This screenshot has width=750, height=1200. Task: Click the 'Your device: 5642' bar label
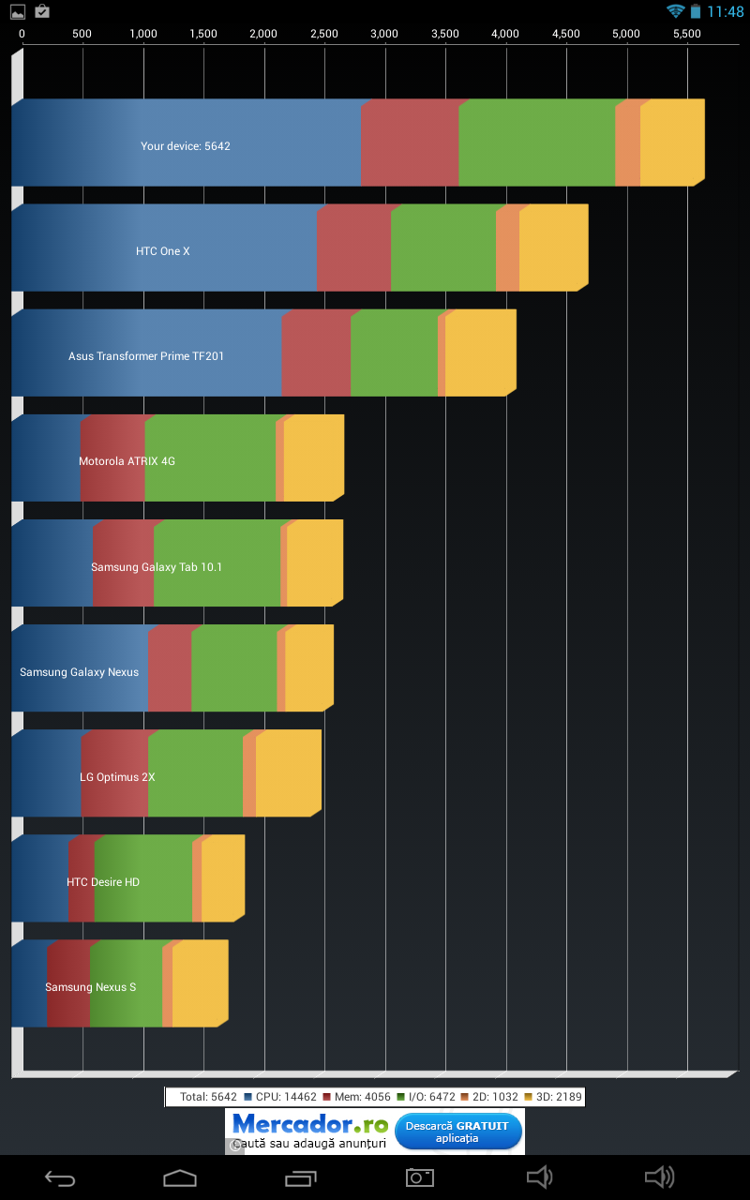tap(186, 146)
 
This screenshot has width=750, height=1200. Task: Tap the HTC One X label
tap(163, 251)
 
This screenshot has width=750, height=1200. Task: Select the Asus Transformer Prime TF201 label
tap(146, 356)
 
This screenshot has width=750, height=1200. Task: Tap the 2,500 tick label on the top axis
tap(324, 34)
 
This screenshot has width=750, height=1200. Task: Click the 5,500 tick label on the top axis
tap(687, 34)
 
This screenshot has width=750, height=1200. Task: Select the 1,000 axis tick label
tap(143, 34)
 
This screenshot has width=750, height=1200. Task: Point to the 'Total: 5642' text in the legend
tap(208, 1096)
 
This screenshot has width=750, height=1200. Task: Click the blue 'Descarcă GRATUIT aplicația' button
tap(457, 1132)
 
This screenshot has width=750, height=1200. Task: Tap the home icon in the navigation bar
tap(180, 1177)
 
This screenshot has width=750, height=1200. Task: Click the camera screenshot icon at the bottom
tap(419, 1177)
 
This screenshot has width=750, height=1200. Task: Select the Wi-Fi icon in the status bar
tap(675, 11)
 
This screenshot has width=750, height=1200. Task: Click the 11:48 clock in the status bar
tap(726, 12)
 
